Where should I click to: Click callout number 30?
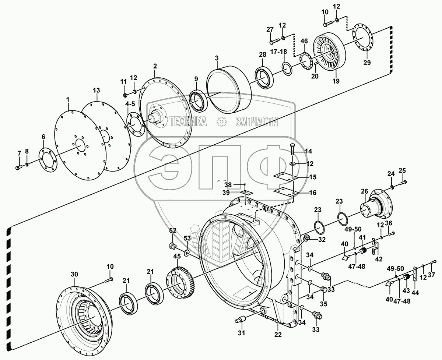[x=74, y=274]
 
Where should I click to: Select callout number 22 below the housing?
[x=278, y=335]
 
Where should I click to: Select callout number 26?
[x=364, y=191]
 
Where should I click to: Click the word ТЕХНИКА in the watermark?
[x=188, y=122]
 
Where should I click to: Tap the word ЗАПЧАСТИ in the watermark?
[x=256, y=122]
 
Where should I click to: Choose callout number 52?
[x=173, y=230]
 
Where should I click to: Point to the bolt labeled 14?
[x=292, y=151]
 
